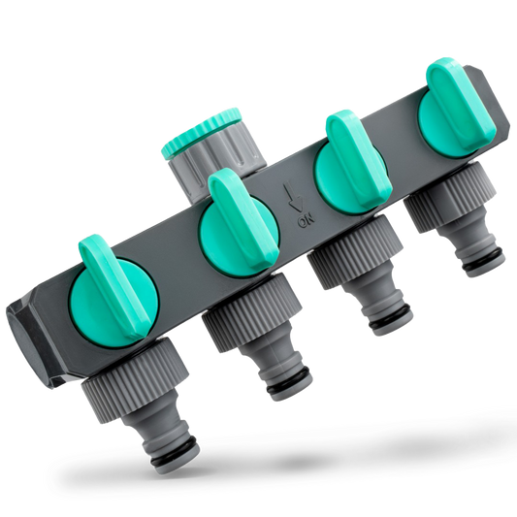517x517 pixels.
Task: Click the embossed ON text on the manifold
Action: point(306,221)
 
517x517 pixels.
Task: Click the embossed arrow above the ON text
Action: point(295,197)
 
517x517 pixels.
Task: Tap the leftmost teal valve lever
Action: point(113,285)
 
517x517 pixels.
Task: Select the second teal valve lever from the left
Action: point(243,216)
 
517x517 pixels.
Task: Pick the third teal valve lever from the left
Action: point(359,157)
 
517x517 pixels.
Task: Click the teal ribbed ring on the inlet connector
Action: point(201,132)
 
